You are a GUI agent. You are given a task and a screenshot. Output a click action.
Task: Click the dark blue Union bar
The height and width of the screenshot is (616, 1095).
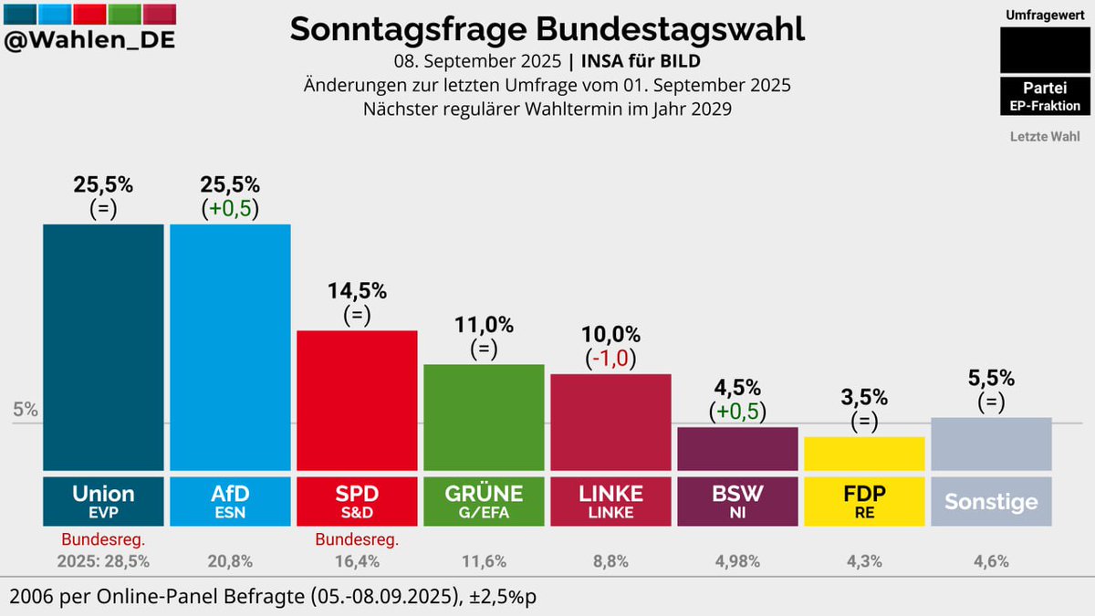(x=103, y=347)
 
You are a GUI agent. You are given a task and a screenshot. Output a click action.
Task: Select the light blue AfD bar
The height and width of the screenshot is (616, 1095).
(x=230, y=347)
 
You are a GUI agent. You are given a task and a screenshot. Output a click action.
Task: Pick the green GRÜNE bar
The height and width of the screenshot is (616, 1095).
(x=484, y=416)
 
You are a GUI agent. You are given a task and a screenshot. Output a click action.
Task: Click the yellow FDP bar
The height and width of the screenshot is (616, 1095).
(x=864, y=453)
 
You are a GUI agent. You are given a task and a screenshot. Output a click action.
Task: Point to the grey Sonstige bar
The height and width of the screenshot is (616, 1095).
(x=991, y=444)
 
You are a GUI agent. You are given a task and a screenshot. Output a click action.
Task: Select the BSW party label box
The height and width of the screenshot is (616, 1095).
(x=737, y=499)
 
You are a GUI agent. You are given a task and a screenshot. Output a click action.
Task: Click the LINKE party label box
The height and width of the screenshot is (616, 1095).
(x=610, y=499)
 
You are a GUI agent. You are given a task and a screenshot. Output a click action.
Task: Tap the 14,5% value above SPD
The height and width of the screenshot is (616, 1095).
(x=357, y=291)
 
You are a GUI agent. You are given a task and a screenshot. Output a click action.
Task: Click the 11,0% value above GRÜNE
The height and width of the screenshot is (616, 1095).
(x=484, y=325)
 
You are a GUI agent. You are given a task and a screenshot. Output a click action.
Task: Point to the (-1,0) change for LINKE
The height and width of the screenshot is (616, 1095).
(x=610, y=359)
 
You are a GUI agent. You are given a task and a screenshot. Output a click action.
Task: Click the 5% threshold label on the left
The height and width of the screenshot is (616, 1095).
(x=26, y=411)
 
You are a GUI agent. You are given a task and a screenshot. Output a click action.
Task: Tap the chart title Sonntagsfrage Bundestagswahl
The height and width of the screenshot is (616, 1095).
(x=547, y=29)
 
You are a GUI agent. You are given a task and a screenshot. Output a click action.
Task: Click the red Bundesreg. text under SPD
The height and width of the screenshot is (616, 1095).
(x=357, y=539)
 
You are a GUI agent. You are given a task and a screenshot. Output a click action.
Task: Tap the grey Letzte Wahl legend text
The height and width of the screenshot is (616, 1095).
(x=1045, y=137)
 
